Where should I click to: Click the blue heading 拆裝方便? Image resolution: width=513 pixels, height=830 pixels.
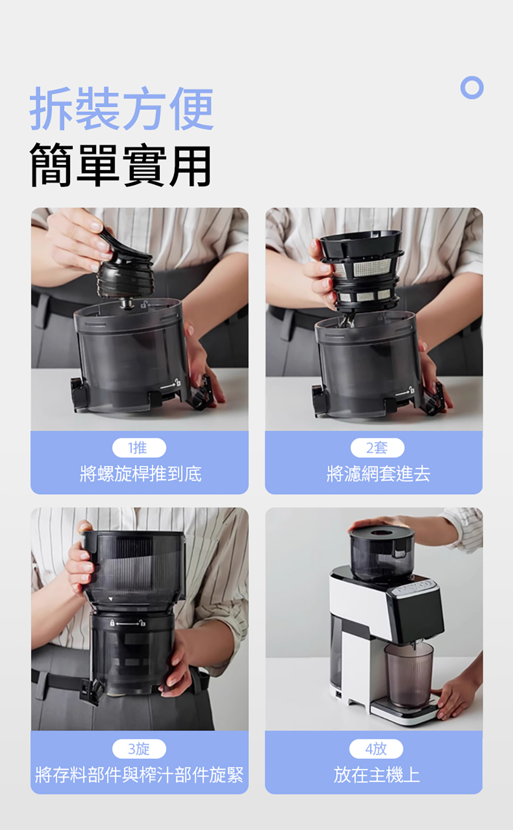(122, 108)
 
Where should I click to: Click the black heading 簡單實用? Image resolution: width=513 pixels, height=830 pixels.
(121, 165)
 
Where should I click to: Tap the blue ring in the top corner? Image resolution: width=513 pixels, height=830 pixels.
(472, 88)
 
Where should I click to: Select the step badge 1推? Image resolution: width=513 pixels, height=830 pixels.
(139, 448)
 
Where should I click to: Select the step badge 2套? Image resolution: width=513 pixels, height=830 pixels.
(377, 448)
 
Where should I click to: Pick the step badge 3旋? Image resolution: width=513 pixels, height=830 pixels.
(139, 749)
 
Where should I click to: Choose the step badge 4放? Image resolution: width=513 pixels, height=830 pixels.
(376, 749)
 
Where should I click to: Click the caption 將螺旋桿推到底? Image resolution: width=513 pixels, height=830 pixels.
(140, 474)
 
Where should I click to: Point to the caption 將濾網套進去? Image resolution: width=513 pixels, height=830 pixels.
(378, 474)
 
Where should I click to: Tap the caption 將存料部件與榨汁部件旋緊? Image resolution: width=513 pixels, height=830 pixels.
(139, 775)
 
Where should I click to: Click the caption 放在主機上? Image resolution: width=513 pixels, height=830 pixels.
(377, 775)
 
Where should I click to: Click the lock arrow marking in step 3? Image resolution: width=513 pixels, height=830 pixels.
(128, 624)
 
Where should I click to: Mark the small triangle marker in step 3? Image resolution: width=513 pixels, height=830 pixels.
(110, 599)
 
